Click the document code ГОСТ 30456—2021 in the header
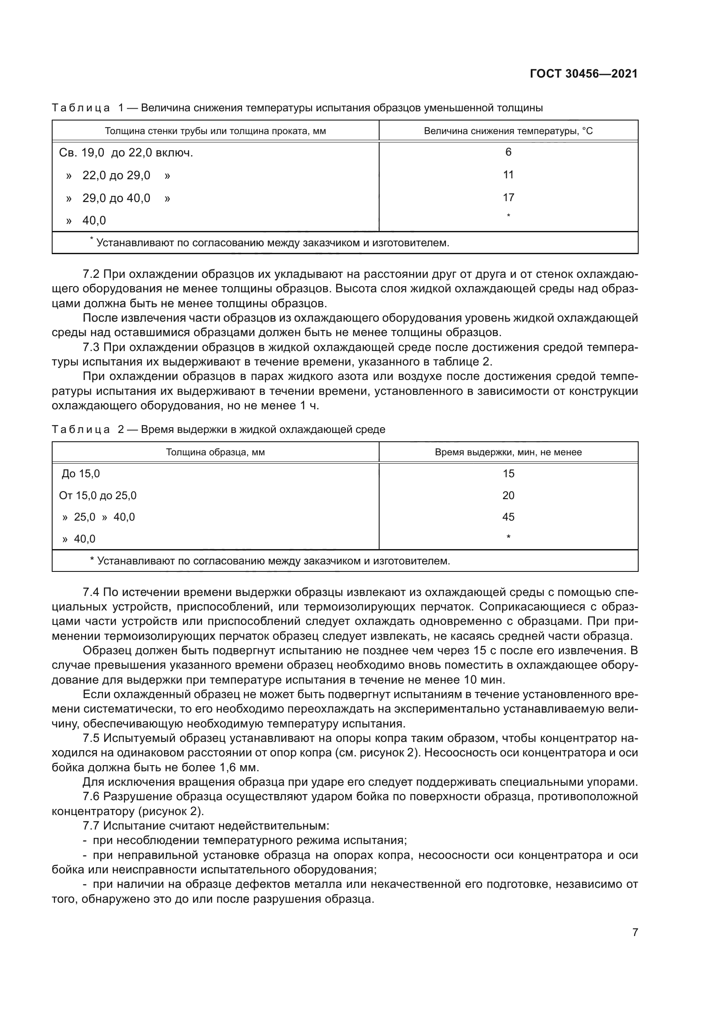(x=583, y=74)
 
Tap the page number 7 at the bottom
(x=635, y=932)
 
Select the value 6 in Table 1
(x=508, y=152)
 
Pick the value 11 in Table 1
(x=508, y=174)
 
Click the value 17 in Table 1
(x=508, y=197)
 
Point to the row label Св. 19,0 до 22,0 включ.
(x=126, y=153)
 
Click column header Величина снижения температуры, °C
(x=508, y=131)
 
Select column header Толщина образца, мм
(x=215, y=452)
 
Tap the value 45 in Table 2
(x=508, y=517)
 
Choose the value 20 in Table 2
(x=508, y=496)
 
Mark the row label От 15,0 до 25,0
(x=98, y=496)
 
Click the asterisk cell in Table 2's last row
(x=508, y=538)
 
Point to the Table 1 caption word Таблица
(x=81, y=108)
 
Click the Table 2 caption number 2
(x=121, y=429)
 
